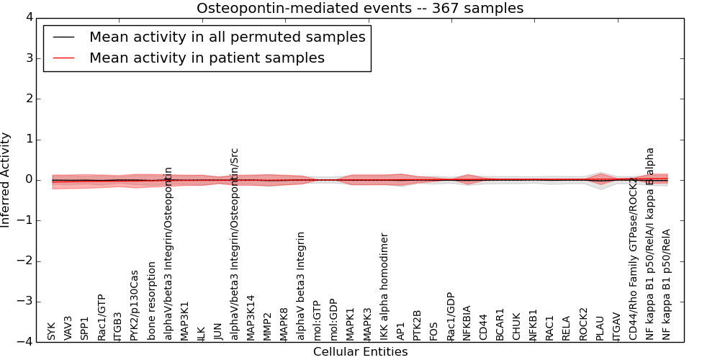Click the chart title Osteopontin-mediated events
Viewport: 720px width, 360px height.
pyautogui.click(x=360, y=8)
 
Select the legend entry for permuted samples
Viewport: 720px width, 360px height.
pyautogui.click(x=227, y=37)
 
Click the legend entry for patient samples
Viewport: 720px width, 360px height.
pyautogui.click(x=207, y=58)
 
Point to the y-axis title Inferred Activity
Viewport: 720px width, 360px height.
pyautogui.click(x=6, y=180)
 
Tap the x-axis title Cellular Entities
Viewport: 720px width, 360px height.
pyautogui.click(x=360, y=352)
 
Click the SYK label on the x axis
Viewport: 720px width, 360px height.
pyautogui.click(x=51, y=331)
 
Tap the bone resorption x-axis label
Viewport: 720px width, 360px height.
pyautogui.click(x=151, y=301)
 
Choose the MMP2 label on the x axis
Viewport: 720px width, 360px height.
pyautogui.click(x=267, y=326)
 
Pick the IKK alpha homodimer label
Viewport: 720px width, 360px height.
pyautogui.click(x=384, y=287)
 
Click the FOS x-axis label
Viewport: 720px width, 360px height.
pyautogui.click(x=433, y=330)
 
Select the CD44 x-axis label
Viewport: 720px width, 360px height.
pyautogui.click(x=484, y=328)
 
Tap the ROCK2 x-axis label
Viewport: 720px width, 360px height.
pyautogui.click(x=583, y=324)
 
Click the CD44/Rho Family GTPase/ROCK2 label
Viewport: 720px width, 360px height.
pyautogui.click(x=633, y=258)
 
